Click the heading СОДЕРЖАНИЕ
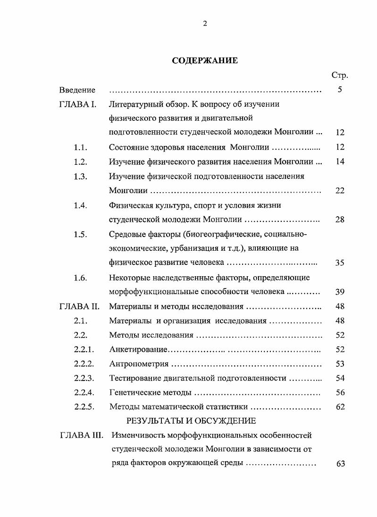pos(205,60)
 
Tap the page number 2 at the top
pos(205,24)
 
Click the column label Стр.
pos(340,76)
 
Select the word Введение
pos(77,90)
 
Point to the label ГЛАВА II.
pos(79,306)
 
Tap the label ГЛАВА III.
pos(81,435)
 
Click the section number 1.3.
pos(80,176)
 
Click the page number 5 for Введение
pos(340,90)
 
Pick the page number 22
pos(340,191)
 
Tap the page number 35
pos(340,263)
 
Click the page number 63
pos(341,464)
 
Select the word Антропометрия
pos(139,364)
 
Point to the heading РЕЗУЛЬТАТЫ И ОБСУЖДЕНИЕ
pos(191,421)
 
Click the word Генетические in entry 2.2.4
pos(134,392)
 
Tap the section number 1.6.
pos(80,278)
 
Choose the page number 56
pos(340,392)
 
